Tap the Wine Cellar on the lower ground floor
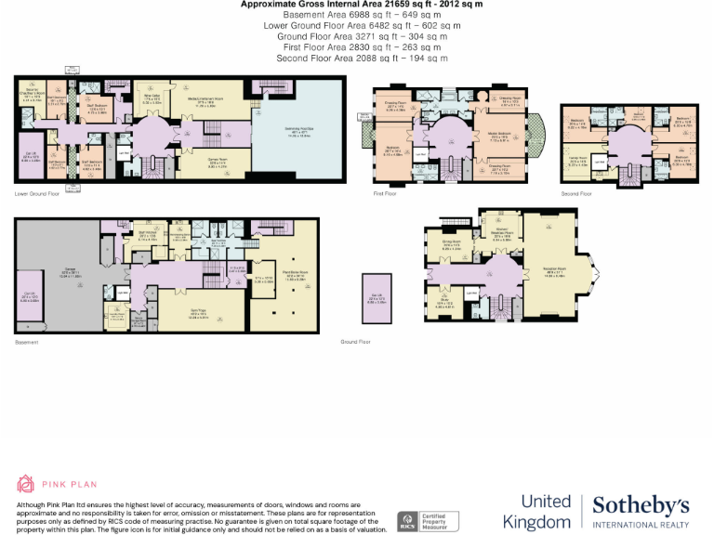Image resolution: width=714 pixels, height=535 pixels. [x=150, y=98]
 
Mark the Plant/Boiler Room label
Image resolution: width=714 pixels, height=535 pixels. [x=295, y=277]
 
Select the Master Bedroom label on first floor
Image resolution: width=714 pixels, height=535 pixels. [x=502, y=136]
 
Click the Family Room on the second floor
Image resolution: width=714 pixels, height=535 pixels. [x=577, y=162]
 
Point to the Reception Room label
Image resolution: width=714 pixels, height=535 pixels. [x=556, y=273]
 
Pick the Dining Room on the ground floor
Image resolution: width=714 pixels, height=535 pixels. [x=452, y=246]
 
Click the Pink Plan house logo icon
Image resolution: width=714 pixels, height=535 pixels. [x=26, y=483]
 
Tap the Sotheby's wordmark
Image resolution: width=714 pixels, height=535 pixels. [x=641, y=505]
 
